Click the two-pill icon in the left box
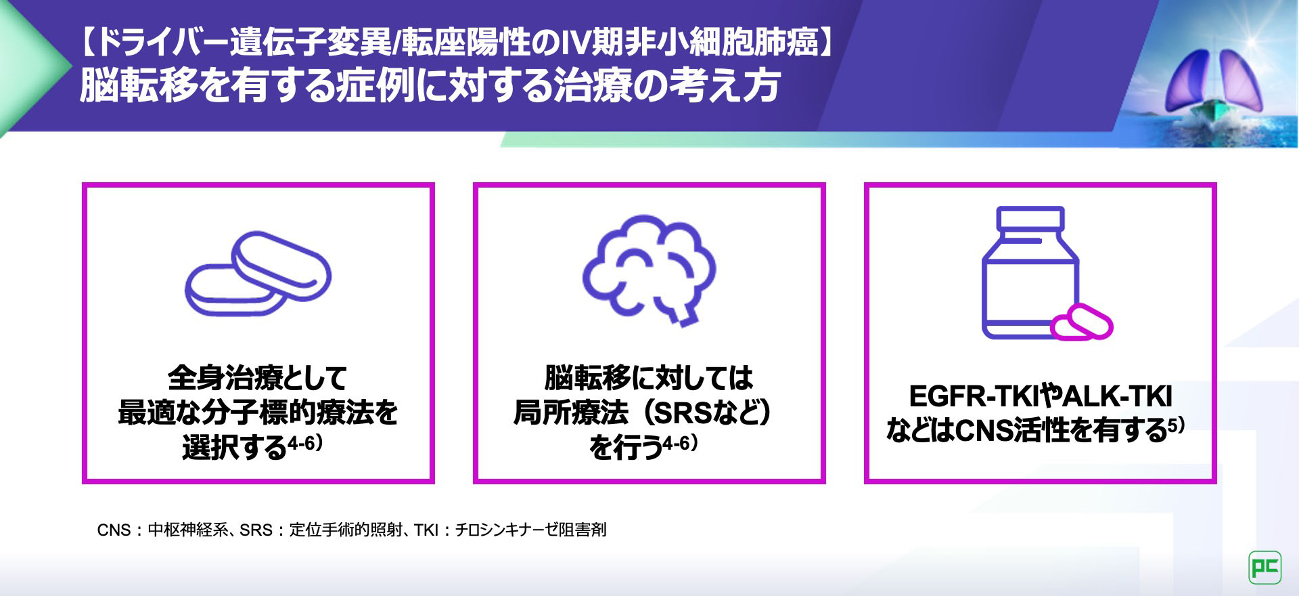258,274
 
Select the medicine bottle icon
1030,272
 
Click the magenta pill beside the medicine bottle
1081,322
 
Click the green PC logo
1264,567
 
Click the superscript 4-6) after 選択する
305,443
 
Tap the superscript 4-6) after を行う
680,443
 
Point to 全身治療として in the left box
258,378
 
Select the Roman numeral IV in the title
575,43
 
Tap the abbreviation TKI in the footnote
426,530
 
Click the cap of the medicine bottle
1030,218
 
